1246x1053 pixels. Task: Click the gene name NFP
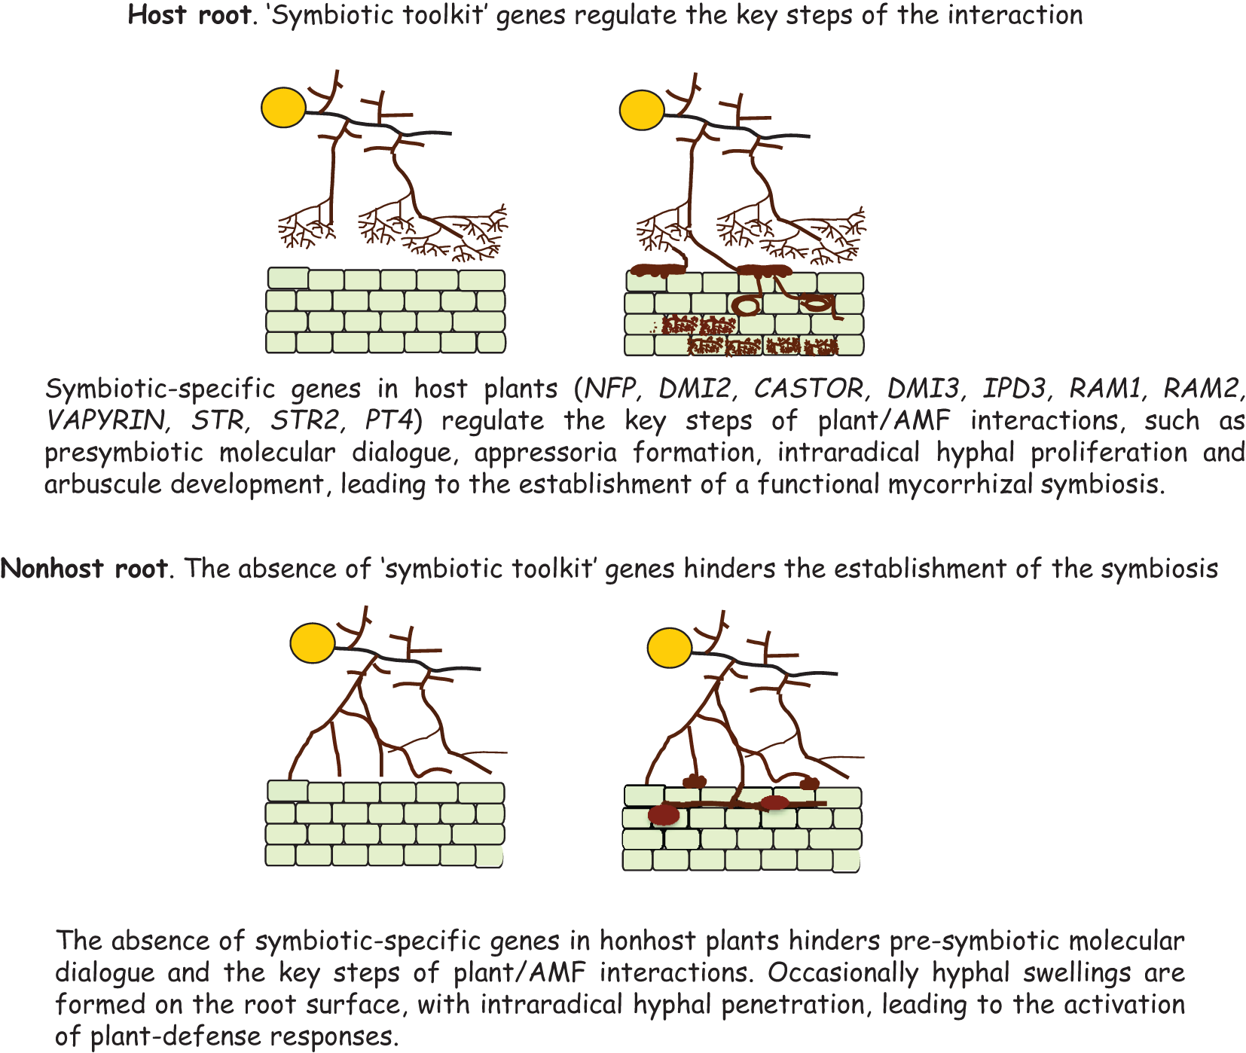tap(611, 389)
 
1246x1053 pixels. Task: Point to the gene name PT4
tap(389, 420)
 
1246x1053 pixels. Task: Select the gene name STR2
tap(304, 420)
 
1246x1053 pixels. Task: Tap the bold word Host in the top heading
tap(156, 15)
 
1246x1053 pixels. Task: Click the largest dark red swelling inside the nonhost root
tap(664, 814)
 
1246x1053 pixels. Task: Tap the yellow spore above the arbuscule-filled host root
tap(641, 110)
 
